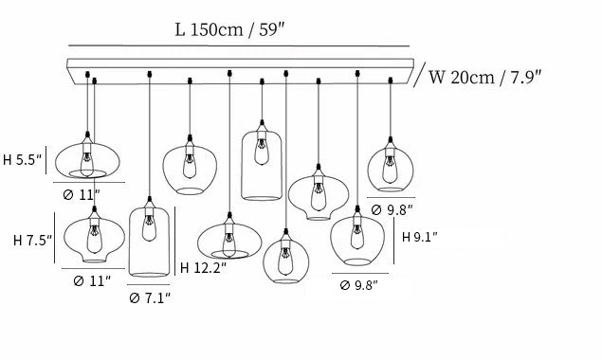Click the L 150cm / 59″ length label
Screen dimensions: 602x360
pyautogui.click(x=229, y=29)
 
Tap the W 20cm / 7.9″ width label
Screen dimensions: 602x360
pyautogui.click(x=484, y=77)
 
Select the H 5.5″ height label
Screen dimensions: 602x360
pyautogui.click(x=22, y=160)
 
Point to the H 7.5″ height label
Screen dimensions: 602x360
pyautogui.click(x=32, y=241)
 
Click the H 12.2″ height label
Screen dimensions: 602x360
pyautogui.click(x=203, y=267)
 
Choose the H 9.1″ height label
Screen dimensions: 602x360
pyautogui.click(x=420, y=237)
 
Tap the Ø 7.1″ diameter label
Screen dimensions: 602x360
pyautogui.click(x=150, y=297)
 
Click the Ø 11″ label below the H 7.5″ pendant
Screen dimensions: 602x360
pyautogui.click(x=92, y=281)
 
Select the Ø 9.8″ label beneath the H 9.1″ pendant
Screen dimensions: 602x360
pyautogui.click(x=359, y=285)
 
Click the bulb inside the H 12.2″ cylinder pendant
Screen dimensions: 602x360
pyautogui.click(x=150, y=228)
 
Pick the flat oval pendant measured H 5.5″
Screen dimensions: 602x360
pyautogui.click(x=87, y=160)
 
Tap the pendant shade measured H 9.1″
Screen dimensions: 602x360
pyautogui.click(x=357, y=241)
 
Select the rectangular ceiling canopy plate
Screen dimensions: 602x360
pyautogui.click(x=241, y=71)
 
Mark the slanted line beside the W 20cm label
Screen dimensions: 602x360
pyautogui.click(x=420, y=75)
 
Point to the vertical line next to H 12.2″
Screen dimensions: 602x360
pyautogui.click(x=175, y=241)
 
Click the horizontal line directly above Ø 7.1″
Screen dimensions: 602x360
pyautogui.click(x=149, y=285)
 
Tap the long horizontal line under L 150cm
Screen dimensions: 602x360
pyautogui.click(x=239, y=46)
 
